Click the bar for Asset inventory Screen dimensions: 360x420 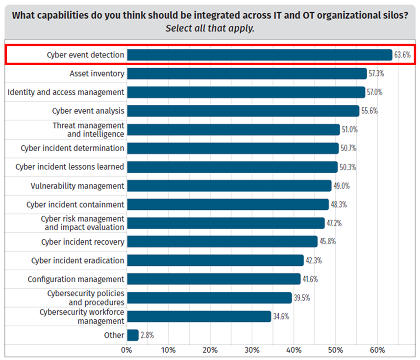(x=247, y=74)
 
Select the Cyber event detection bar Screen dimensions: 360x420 (x=259, y=55)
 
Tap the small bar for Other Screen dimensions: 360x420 (x=132, y=335)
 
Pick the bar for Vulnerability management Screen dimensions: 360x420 (x=229, y=186)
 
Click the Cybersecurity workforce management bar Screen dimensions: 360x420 (x=198, y=316)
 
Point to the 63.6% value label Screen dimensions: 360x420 (x=402, y=55)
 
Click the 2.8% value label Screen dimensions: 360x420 (x=147, y=335)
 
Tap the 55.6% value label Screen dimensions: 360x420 (x=369, y=111)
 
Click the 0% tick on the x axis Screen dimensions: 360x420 (x=127, y=350)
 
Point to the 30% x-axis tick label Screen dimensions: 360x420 (x=252, y=350)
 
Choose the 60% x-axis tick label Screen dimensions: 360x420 (x=377, y=350)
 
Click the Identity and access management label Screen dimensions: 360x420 (x=66, y=92)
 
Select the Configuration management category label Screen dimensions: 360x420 (x=76, y=279)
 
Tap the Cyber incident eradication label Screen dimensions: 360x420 (x=77, y=260)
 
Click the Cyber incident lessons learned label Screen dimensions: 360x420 (x=70, y=167)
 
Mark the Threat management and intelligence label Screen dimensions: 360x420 (x=88, y=129)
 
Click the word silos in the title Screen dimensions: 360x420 (x=395, y=15)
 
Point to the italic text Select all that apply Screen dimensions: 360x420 (x=210, y=28)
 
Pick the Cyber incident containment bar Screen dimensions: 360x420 (x=227, y=205)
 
